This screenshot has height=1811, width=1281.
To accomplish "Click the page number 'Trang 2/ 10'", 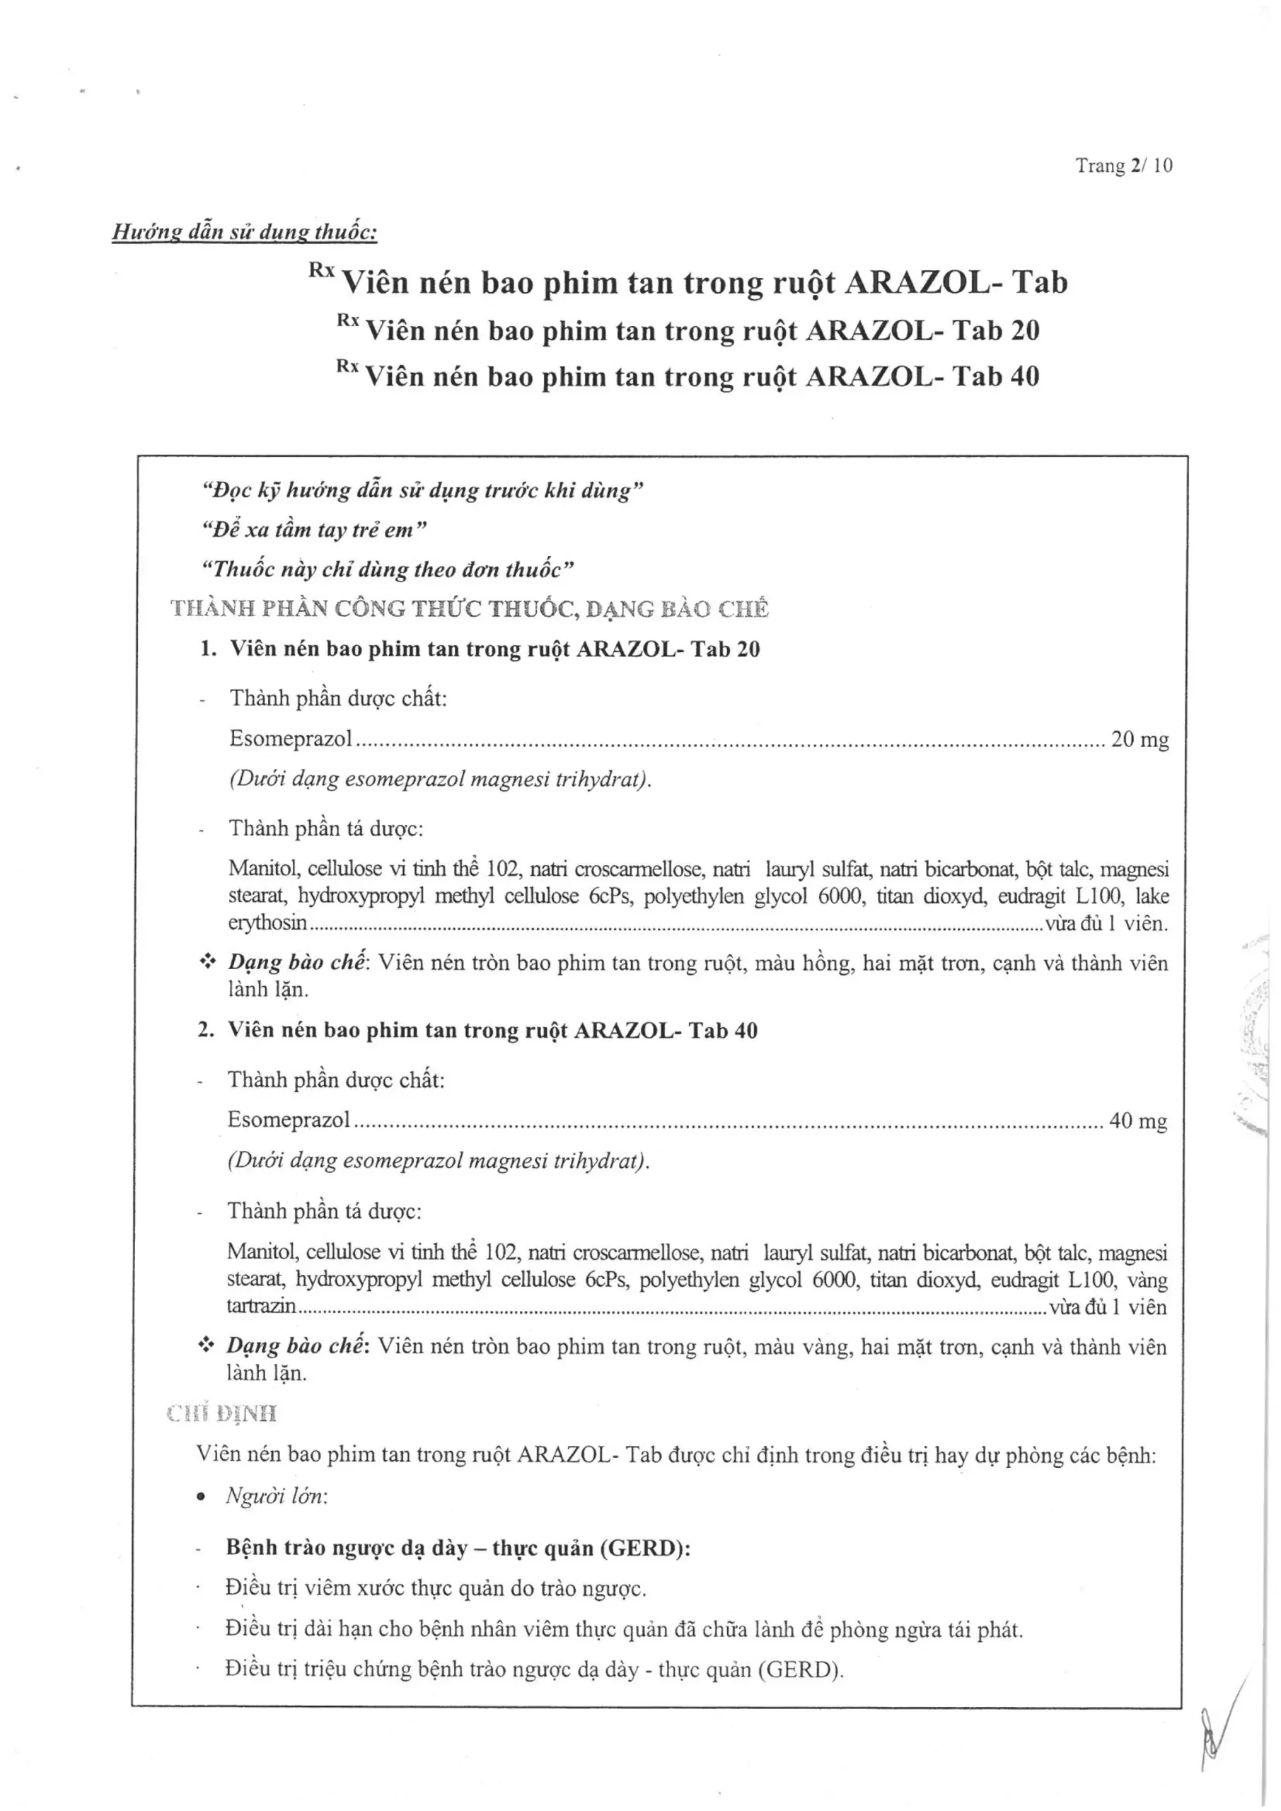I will click(1123, 166).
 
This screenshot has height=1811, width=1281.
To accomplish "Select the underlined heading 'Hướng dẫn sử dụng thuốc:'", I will click(245, 232).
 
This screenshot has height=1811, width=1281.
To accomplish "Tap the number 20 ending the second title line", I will click(1025, 330).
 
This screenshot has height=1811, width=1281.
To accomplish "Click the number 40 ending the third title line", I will click(1025, 377).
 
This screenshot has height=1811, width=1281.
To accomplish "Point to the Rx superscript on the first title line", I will click(322, 270).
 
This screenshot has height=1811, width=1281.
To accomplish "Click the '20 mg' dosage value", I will click(1140, 739).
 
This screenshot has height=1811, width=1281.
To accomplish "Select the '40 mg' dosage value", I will click(1137, 1121).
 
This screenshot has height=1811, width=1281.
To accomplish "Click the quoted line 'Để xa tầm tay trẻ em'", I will click(314, 529).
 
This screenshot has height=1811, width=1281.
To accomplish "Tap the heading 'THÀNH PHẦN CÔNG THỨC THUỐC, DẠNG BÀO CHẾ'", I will click(470, 608).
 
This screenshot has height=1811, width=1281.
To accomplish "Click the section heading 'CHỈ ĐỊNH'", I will click(222, 1413).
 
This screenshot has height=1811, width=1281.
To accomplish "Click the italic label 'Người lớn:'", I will click(277, 1495).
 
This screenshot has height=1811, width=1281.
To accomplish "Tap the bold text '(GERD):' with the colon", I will click(645, 1548).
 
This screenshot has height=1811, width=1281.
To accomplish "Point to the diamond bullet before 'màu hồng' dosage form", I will click(207, 961).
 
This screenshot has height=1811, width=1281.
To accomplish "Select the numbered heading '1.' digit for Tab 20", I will click(207, 649).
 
